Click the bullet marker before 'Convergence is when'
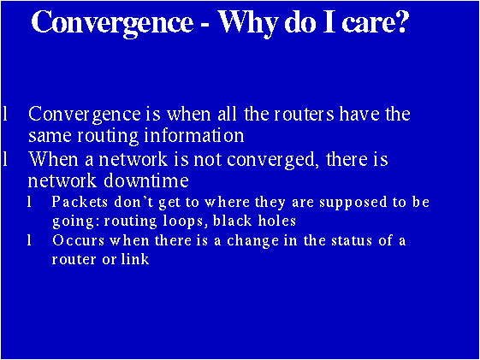7,115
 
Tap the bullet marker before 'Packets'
31,203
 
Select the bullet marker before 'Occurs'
31,240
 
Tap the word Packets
80,203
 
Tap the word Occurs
78,240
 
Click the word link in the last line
136,259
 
